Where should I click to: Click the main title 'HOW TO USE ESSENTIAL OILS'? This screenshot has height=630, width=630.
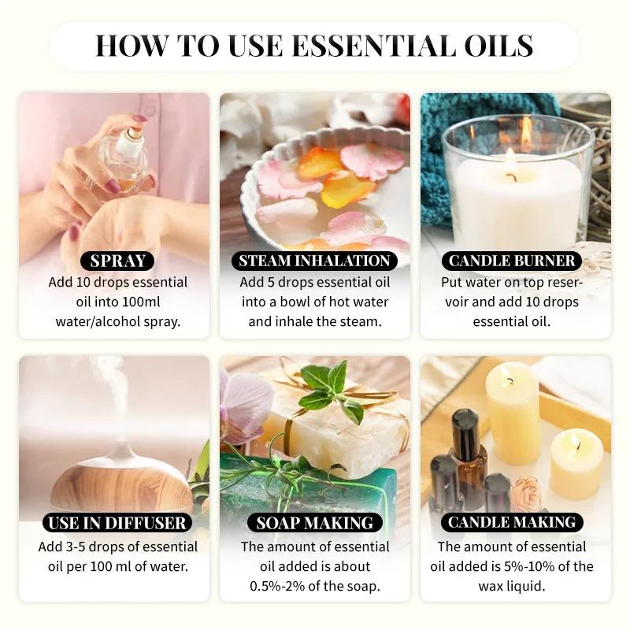(315, 45)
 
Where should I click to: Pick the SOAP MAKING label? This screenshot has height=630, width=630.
(314, 522)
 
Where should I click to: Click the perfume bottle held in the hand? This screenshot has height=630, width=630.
(126, 157)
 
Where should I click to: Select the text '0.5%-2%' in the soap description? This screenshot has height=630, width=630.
(274, 586)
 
